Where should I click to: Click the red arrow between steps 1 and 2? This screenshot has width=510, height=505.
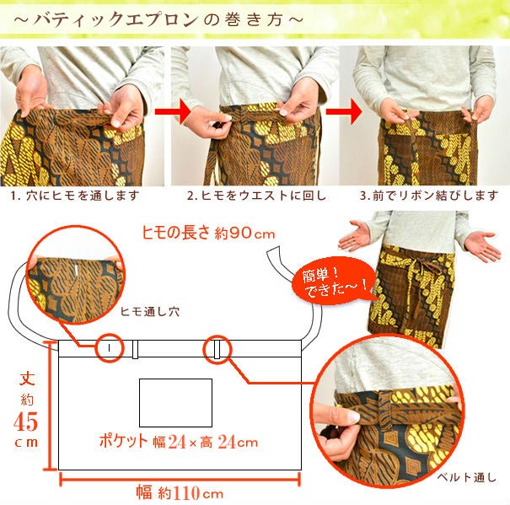173,111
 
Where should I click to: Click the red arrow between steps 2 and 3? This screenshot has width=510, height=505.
344,111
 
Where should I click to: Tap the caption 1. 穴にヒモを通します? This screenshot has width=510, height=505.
75,196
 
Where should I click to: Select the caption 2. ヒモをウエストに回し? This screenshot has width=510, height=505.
256,196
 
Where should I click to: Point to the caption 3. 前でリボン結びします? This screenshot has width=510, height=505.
429,196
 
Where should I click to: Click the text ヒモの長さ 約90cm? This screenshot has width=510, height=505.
208,233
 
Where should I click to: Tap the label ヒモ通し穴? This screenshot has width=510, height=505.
149,312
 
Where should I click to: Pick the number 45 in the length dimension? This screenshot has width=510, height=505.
25,422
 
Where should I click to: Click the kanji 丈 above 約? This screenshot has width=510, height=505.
27,379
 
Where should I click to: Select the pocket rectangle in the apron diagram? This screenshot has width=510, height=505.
175,403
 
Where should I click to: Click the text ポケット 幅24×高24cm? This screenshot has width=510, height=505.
179,442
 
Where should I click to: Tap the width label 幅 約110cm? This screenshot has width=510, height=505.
180,492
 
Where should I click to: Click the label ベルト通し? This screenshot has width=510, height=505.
467,478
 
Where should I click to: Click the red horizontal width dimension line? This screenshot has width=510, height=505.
180,479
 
